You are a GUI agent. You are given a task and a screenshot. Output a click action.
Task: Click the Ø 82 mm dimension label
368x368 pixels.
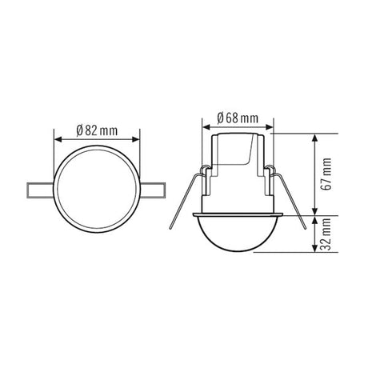click(97, 130)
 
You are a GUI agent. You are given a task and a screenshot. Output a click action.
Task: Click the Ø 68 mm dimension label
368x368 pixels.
click(238, 118)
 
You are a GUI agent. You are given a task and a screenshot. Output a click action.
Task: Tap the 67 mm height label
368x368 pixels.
click(326, 174)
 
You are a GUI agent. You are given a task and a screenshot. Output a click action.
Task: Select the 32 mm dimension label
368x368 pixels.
click(326, 234)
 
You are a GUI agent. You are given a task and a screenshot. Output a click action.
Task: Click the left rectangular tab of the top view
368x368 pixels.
click(41, 190)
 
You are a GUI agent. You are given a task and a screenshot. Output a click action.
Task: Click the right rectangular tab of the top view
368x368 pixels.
click(153, 190)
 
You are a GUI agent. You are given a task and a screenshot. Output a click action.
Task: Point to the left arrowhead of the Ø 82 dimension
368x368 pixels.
click(58, 139)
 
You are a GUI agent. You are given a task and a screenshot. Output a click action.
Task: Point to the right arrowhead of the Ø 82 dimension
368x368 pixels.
click(136, 139)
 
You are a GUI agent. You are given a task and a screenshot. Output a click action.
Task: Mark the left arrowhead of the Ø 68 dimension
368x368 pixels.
click(206, 127)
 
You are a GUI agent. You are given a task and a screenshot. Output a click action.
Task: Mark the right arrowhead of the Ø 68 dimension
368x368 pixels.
click(270, 127)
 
